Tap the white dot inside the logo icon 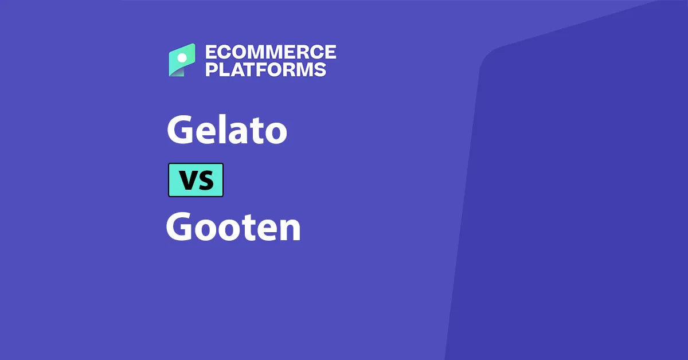pos(182,58)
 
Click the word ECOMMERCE pos(271,52)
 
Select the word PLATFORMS pos(266,69)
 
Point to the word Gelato pos(226,130)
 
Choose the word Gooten pos(233,228)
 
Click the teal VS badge pos(196,180)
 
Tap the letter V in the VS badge pos(187,181)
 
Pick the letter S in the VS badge pos(205,181)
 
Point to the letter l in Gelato pos(218,128)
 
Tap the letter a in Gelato pos(235,133)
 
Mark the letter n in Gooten pos(290,230)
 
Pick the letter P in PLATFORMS pos(211,69)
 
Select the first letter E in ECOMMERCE pos(210,52)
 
